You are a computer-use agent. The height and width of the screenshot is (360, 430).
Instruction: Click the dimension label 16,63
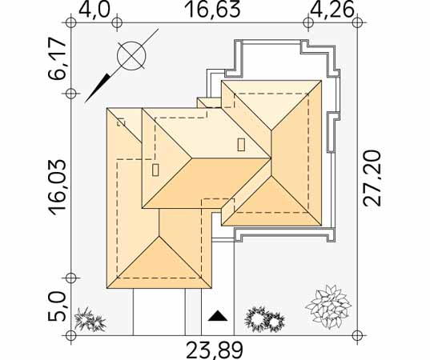[x=213, y=10]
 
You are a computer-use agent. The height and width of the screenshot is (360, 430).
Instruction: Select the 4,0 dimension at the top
[x=94, y=10]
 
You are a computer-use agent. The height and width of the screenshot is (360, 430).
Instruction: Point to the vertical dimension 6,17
[x=58, y=59]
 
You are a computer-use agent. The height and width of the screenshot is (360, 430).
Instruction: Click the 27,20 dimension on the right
[x=372, y=178]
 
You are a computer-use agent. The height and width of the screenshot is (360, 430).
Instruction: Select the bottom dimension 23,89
[x=215, y=350]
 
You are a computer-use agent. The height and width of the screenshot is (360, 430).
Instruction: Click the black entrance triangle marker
[x=218, y=316]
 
